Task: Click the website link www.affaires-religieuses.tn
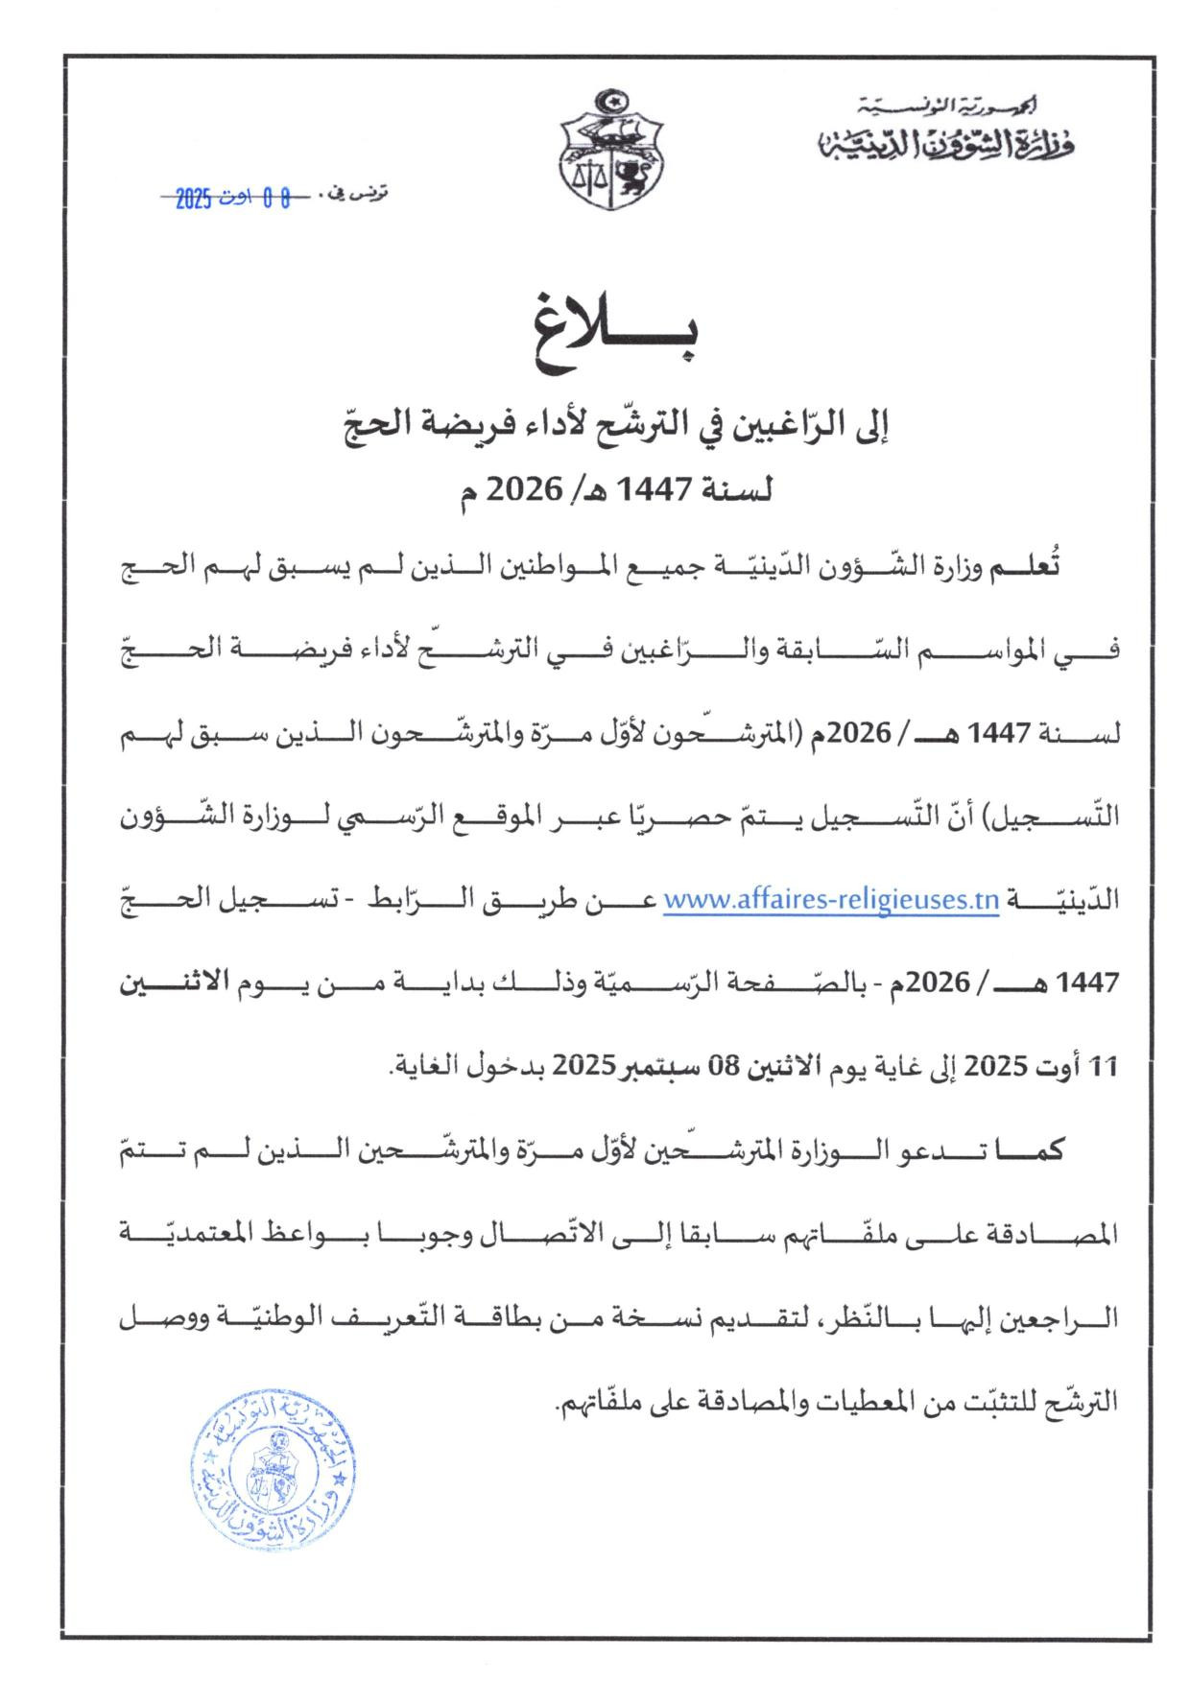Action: (831, 901)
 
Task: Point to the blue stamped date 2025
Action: (194, 200)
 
